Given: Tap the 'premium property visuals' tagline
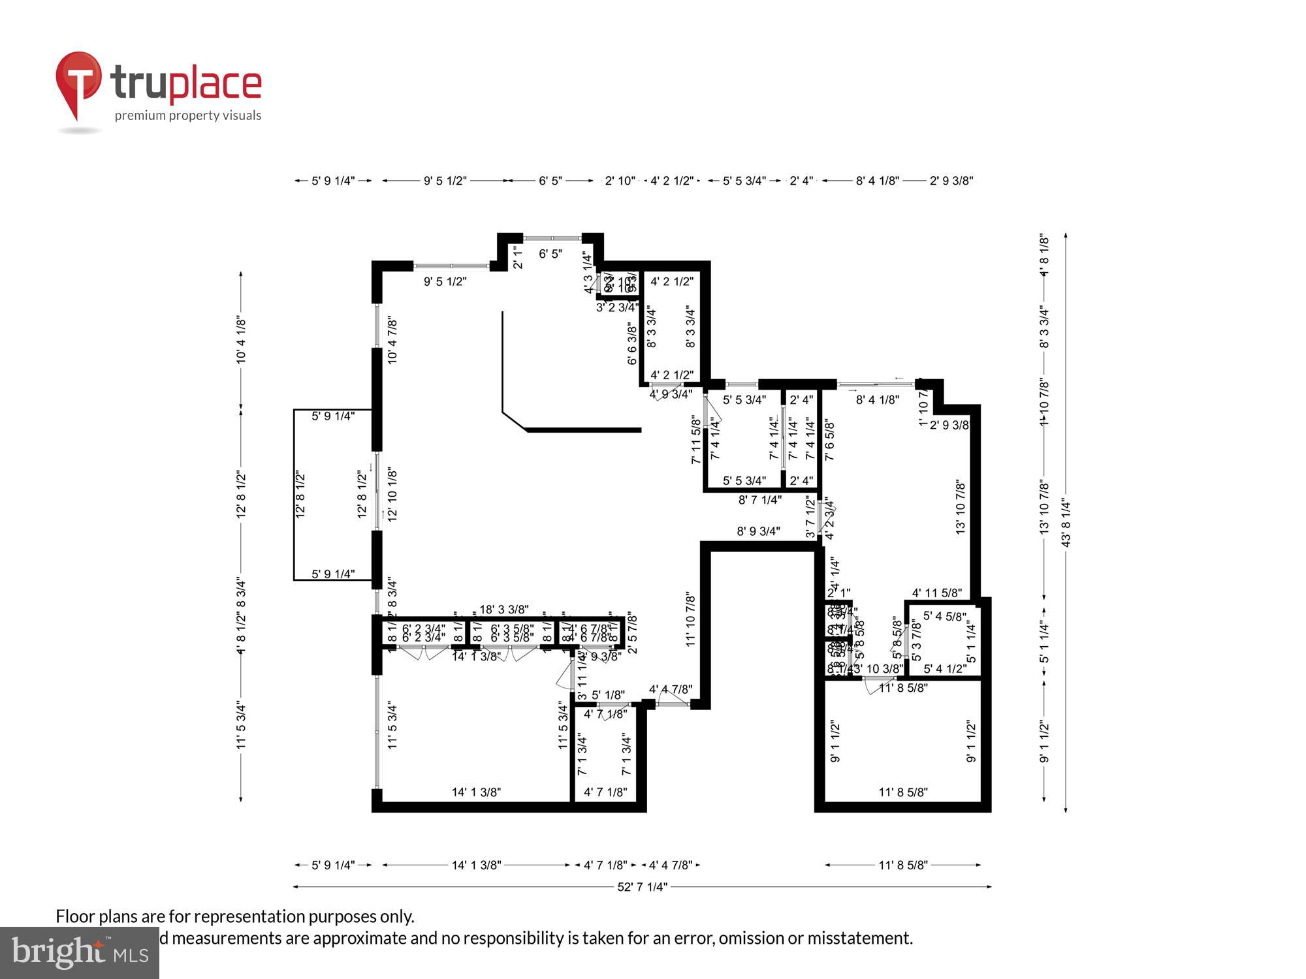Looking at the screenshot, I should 188,116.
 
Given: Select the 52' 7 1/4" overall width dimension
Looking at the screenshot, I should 643,887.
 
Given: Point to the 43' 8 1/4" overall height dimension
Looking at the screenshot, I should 1066,523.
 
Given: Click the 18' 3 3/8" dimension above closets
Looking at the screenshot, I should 503,610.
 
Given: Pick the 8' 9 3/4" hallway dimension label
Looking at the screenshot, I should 758,531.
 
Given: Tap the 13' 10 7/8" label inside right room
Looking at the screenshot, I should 961,507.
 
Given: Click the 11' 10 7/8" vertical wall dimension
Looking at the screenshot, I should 691,619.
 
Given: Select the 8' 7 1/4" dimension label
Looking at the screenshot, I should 759,500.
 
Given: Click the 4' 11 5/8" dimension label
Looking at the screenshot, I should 936,593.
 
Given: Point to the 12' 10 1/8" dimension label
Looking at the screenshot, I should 392,493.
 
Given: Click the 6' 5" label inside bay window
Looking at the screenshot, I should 550,254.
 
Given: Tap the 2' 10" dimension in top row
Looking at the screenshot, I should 620,181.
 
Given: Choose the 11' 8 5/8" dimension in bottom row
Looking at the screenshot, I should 902,865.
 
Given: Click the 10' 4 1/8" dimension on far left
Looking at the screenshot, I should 241,339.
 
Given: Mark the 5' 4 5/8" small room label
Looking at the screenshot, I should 944,616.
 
